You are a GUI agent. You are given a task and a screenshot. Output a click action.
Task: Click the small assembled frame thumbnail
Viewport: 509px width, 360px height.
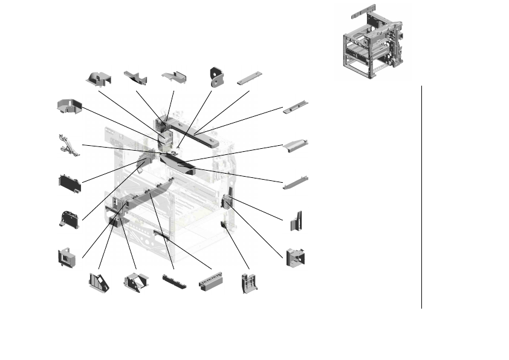pos(372,42)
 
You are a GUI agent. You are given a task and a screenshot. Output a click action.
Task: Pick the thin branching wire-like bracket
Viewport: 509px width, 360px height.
pos(69,144)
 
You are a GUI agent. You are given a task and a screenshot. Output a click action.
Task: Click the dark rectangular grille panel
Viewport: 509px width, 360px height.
pos(70,183)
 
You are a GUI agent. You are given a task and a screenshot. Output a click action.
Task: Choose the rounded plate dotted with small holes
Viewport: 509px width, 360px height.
pos(70,219)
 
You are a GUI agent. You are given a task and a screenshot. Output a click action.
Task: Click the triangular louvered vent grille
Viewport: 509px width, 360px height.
pos(99,282)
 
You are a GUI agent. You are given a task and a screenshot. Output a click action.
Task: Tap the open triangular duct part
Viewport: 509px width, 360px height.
pos(136,282)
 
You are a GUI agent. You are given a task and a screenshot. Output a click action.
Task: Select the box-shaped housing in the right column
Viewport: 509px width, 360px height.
pos(295,257)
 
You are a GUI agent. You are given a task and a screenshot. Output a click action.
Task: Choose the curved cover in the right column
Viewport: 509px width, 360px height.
pos(296,146)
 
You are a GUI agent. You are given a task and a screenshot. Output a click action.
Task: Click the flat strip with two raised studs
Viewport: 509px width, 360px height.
pos(296,107)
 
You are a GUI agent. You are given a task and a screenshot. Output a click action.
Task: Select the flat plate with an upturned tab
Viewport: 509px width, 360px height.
pos(174,78)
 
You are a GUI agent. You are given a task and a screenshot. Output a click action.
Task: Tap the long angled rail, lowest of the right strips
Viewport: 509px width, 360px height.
pos(296,182)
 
